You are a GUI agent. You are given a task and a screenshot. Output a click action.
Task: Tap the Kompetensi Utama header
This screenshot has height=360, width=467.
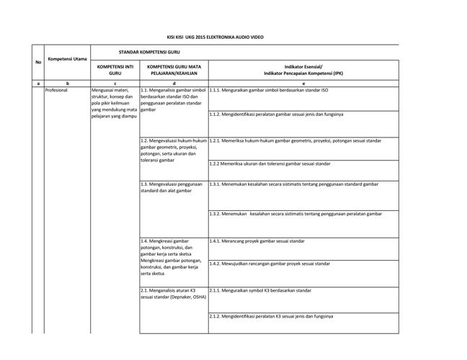click(67, 56)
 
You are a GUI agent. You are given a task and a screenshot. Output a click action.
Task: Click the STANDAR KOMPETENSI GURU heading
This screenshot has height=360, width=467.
click(159, 52)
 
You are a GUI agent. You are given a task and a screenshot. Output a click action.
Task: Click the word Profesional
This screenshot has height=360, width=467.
click(56, 91)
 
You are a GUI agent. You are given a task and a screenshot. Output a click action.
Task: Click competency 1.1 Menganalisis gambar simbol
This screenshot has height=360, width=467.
click(173, 100)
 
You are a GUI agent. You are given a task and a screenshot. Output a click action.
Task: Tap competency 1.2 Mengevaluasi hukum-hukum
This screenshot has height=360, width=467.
click(173, 150)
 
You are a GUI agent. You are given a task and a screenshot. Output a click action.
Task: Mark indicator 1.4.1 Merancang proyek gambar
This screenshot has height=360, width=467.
click(257, 240)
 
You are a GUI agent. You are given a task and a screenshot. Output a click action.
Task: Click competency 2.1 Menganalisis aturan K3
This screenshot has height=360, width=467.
click(167, 293)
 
